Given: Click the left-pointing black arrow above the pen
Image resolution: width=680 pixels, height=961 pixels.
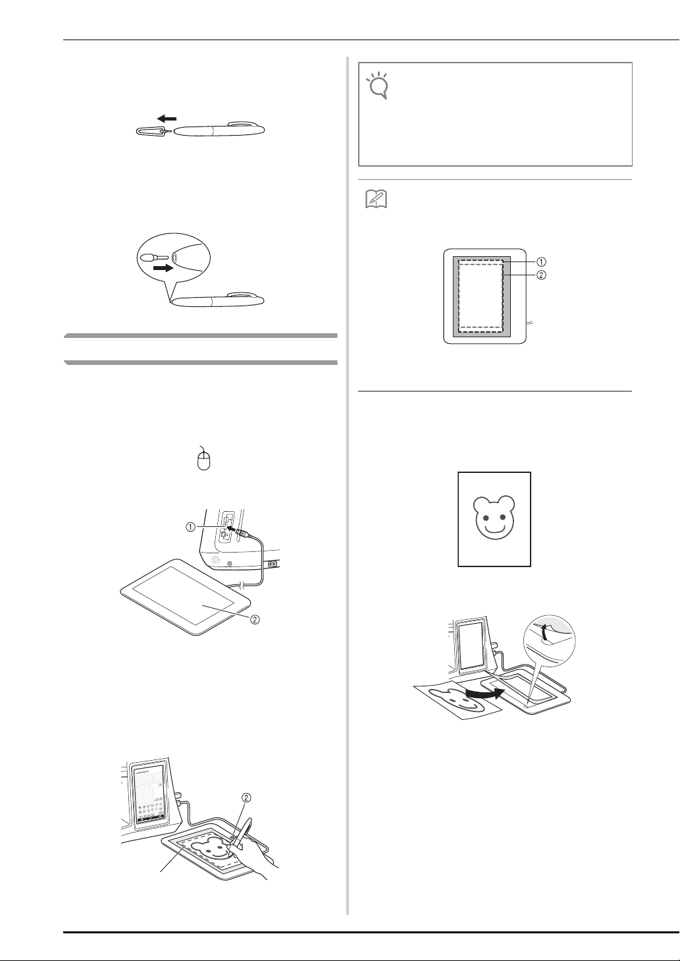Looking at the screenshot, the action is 167,119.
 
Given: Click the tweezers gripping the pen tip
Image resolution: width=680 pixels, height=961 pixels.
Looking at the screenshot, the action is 153,131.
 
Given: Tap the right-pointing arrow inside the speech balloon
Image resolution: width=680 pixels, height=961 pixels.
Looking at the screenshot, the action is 163,269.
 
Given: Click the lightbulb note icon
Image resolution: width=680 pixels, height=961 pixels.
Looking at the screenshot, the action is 378,86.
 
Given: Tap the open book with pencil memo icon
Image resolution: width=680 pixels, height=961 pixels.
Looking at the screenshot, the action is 376,200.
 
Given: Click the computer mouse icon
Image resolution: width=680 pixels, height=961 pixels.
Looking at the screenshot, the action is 204,458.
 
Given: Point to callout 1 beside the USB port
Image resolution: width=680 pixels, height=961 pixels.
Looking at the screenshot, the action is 190,527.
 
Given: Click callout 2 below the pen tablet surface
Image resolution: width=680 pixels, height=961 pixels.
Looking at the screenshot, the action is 255,620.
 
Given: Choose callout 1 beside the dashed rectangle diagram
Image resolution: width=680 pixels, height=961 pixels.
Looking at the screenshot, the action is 542,261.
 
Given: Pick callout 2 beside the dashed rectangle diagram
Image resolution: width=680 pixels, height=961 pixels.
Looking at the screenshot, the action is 542,275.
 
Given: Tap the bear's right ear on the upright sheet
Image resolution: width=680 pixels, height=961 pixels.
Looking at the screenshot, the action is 508,503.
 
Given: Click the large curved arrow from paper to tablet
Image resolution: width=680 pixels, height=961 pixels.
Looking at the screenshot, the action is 483,691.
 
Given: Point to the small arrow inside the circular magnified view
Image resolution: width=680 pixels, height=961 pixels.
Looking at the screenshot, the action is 544,634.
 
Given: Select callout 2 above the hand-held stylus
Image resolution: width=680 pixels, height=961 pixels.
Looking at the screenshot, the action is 246,798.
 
